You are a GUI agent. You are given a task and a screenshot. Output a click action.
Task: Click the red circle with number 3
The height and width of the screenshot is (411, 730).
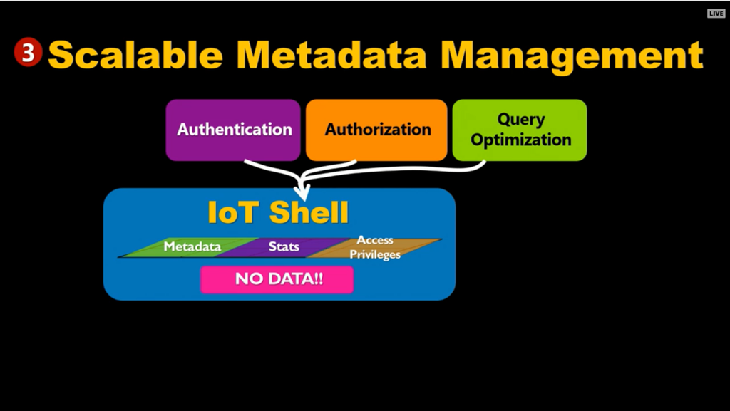coord(29,52)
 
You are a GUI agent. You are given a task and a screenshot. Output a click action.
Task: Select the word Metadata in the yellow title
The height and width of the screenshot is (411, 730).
coord(331,56)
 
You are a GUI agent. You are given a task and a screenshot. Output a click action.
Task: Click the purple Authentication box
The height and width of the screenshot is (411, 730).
coord(233,130)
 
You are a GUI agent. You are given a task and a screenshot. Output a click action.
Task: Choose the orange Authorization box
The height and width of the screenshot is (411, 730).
coord(376,130)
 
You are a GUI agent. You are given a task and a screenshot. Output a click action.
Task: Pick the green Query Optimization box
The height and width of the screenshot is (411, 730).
coord(520,130)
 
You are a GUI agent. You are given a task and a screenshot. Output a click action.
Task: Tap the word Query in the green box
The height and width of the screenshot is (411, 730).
coord(521,120)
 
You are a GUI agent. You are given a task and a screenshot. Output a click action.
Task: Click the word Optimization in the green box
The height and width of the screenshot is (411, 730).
coord(520,140)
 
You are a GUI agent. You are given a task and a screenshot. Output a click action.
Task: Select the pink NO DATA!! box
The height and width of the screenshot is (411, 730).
coord(277,279)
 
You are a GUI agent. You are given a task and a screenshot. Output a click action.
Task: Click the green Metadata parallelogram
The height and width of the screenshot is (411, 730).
coord(188,247)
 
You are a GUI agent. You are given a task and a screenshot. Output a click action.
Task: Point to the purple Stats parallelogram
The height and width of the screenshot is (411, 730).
coord(284,247)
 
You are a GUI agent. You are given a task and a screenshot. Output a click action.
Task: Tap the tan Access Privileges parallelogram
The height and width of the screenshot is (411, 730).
coord(375,247)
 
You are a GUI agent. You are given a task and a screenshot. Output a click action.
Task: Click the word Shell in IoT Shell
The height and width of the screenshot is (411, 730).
coord(309,212)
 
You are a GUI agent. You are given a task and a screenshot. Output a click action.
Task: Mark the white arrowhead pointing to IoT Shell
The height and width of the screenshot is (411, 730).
coord(302,192)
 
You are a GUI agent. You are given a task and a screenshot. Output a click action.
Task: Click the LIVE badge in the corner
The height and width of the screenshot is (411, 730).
coord(716,14)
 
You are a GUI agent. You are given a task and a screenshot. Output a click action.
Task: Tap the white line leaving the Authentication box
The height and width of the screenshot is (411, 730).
coord(274,170)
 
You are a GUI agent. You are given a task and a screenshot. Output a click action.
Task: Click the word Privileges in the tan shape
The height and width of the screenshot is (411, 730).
coord(375,254)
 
